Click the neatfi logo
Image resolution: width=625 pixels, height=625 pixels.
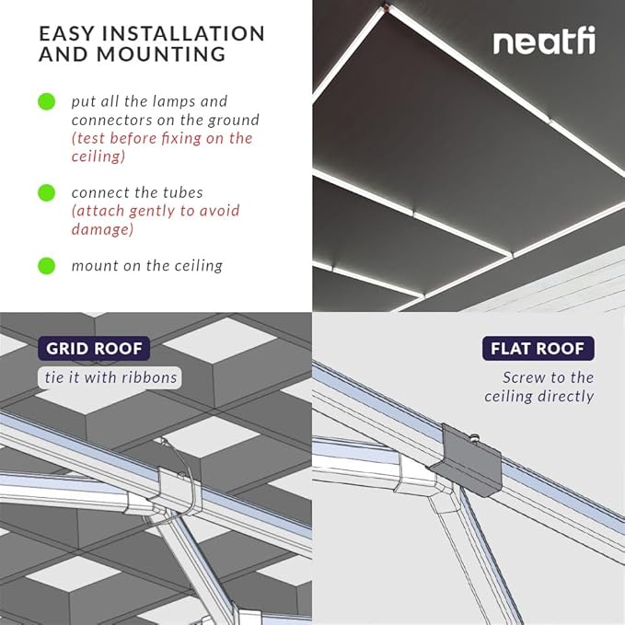pos(543,42)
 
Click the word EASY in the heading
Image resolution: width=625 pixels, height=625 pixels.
pos(69,34)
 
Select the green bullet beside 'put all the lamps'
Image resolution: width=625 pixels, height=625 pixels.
pos(46,101)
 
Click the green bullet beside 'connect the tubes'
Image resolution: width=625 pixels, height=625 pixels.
pos(46,192)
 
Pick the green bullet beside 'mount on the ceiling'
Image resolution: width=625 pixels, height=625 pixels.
pos(46,266)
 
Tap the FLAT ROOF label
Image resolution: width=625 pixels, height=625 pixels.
pos(538,349)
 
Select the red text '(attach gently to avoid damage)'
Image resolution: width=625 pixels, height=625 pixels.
pos(155,220)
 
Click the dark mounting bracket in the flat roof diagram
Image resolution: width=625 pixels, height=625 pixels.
pos(469,460)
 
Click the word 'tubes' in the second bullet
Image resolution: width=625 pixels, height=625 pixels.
pos(182,192)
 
